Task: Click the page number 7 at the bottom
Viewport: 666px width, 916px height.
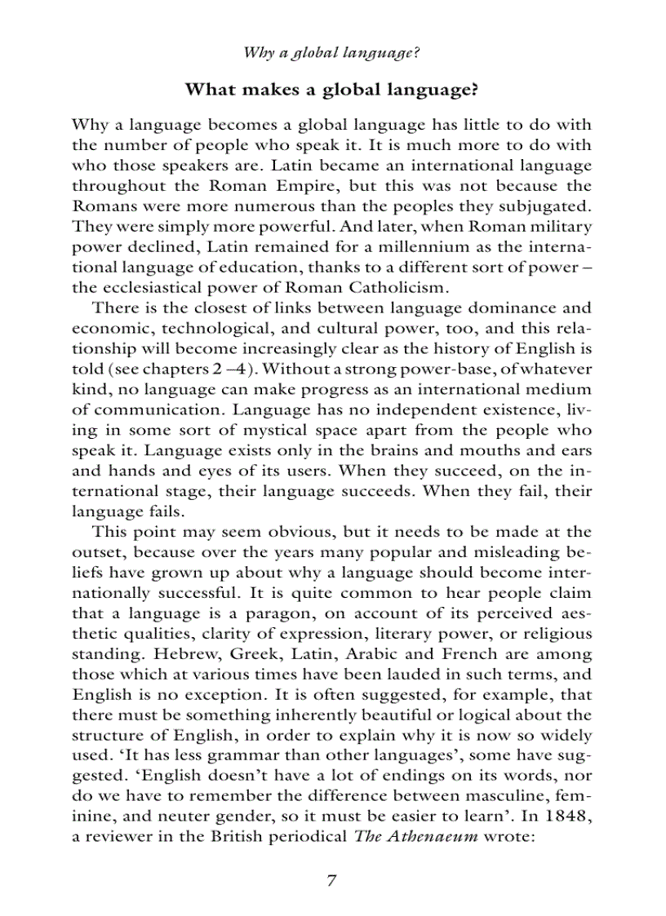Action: [x=331, y=880]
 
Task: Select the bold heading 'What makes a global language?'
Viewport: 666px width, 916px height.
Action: [x=331, y=89]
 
